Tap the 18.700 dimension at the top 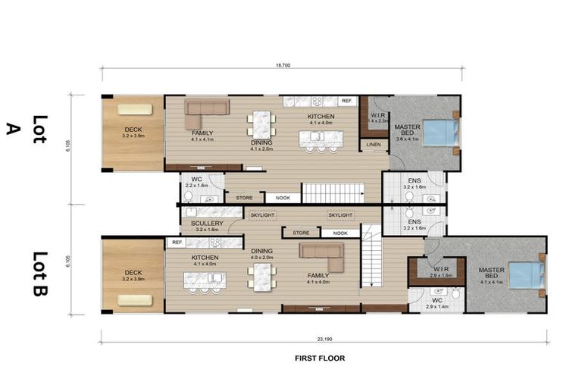(x=283, y=66)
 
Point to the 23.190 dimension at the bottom (x=324, y=334)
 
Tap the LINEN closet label (x=373, y=144)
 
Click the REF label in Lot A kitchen (x=346, y=101)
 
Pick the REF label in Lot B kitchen (x=177, y=242)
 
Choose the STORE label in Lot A (x=244, y=198)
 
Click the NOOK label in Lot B (x=339, y=233)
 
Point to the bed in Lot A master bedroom (x=440, y=133)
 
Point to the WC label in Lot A (x=196, y=180)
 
